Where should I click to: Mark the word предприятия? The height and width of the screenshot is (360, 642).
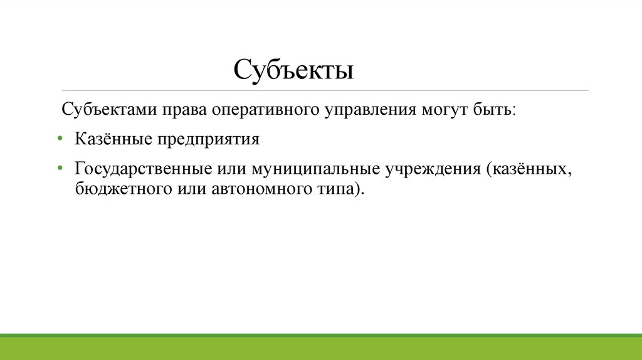tap(206, 139)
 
